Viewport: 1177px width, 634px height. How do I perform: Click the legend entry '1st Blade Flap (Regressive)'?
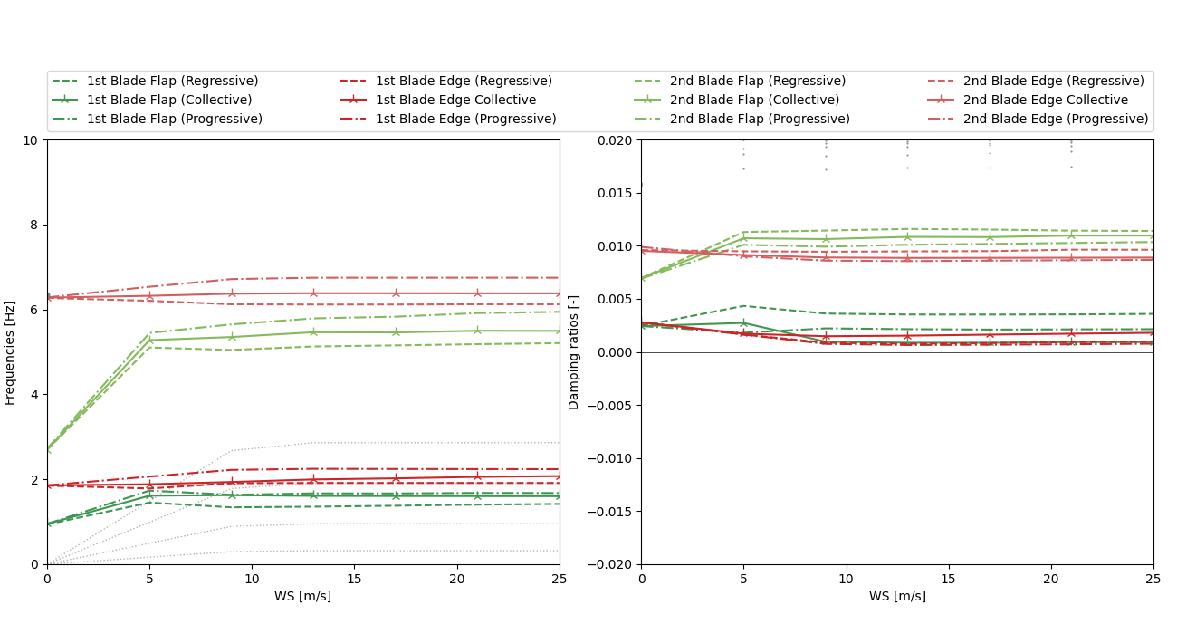(x=172, y=82)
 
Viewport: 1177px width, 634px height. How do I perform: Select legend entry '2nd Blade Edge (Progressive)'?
(x=1056, y=120)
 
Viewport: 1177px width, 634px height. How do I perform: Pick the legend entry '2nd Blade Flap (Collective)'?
(x=754, y=101)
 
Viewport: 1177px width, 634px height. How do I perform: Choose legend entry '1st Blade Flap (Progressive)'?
(x=174, y=120)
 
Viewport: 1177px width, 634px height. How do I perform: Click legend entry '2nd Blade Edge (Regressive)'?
(x=1053, y=82)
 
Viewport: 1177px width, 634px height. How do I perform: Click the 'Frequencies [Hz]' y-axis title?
(x=10, y=352)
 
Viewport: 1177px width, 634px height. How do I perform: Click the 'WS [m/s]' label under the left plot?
(x=302, y=597)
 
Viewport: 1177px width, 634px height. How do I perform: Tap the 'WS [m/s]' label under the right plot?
(x=897, y=597)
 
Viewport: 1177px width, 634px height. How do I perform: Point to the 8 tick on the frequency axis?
(x=33, y=226)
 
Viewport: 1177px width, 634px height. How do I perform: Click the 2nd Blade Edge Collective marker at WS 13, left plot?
(x=313, y=293)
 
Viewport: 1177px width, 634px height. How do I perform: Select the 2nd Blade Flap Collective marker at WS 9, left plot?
(x=232, y=337)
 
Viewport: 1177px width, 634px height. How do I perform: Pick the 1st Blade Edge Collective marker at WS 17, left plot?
(x=396, y=478)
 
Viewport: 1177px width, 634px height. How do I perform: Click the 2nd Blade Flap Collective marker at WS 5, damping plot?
(x=743, y=238)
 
